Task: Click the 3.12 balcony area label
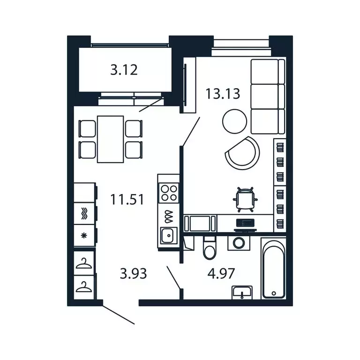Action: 124,71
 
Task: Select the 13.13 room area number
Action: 223,94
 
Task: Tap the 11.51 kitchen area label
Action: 127,199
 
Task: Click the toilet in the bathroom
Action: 209,247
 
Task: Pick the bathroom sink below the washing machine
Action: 242,292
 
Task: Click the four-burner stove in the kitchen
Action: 169,193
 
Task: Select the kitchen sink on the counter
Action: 168,235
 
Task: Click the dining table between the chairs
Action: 111,139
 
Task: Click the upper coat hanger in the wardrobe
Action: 84,264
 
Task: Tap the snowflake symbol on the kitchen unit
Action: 84,235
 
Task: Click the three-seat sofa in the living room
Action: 268,96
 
